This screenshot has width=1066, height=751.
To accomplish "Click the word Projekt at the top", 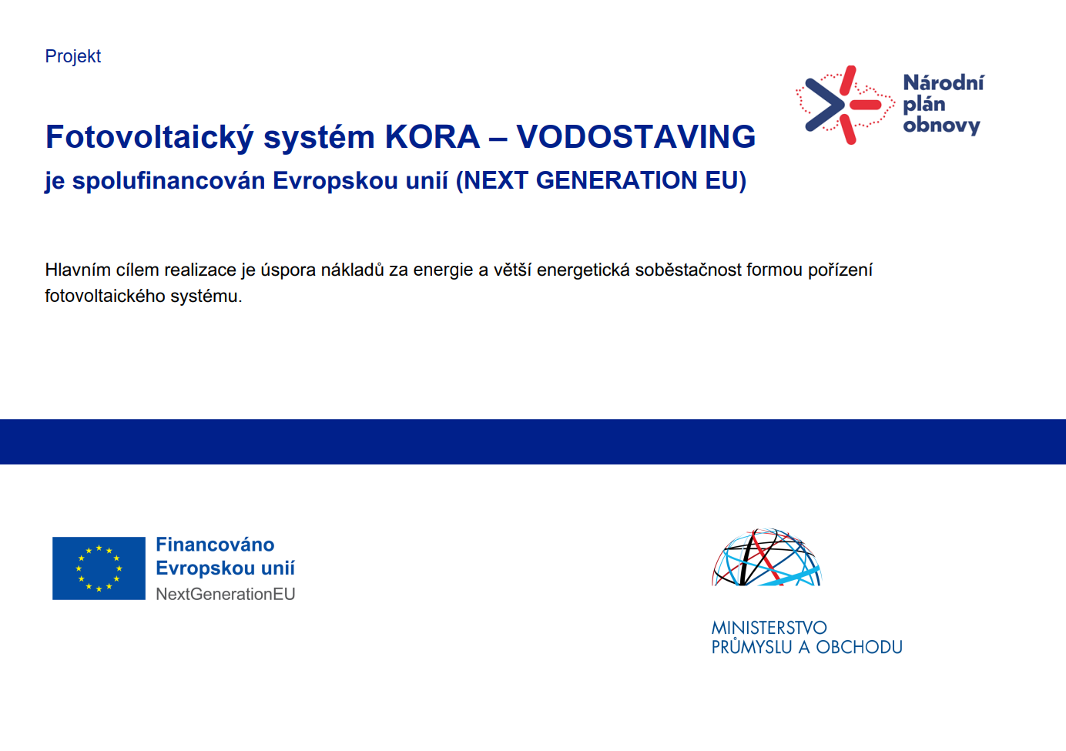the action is coord(73,57).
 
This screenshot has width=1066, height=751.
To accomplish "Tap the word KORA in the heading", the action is coord(432,137).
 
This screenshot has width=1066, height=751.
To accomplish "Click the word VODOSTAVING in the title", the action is coord(636,137).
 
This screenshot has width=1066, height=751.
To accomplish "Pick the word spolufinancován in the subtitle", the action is coord(169,181).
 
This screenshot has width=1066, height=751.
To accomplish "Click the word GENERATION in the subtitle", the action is coord(617,181).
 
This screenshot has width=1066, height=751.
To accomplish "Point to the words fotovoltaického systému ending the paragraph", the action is coord(143,297).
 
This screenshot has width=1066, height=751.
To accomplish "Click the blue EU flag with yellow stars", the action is coord(99,568).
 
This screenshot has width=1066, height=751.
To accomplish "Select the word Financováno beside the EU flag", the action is coord(215,545).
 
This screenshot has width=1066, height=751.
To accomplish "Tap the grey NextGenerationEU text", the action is coord(226,595).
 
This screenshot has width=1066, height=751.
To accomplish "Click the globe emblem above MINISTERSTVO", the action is coord(766,557).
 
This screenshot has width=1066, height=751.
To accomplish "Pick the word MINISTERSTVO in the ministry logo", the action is coord(769,628).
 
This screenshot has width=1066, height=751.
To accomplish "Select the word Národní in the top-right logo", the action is coord(944,83).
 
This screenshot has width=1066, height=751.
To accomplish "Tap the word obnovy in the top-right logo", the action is coord(941,125).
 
